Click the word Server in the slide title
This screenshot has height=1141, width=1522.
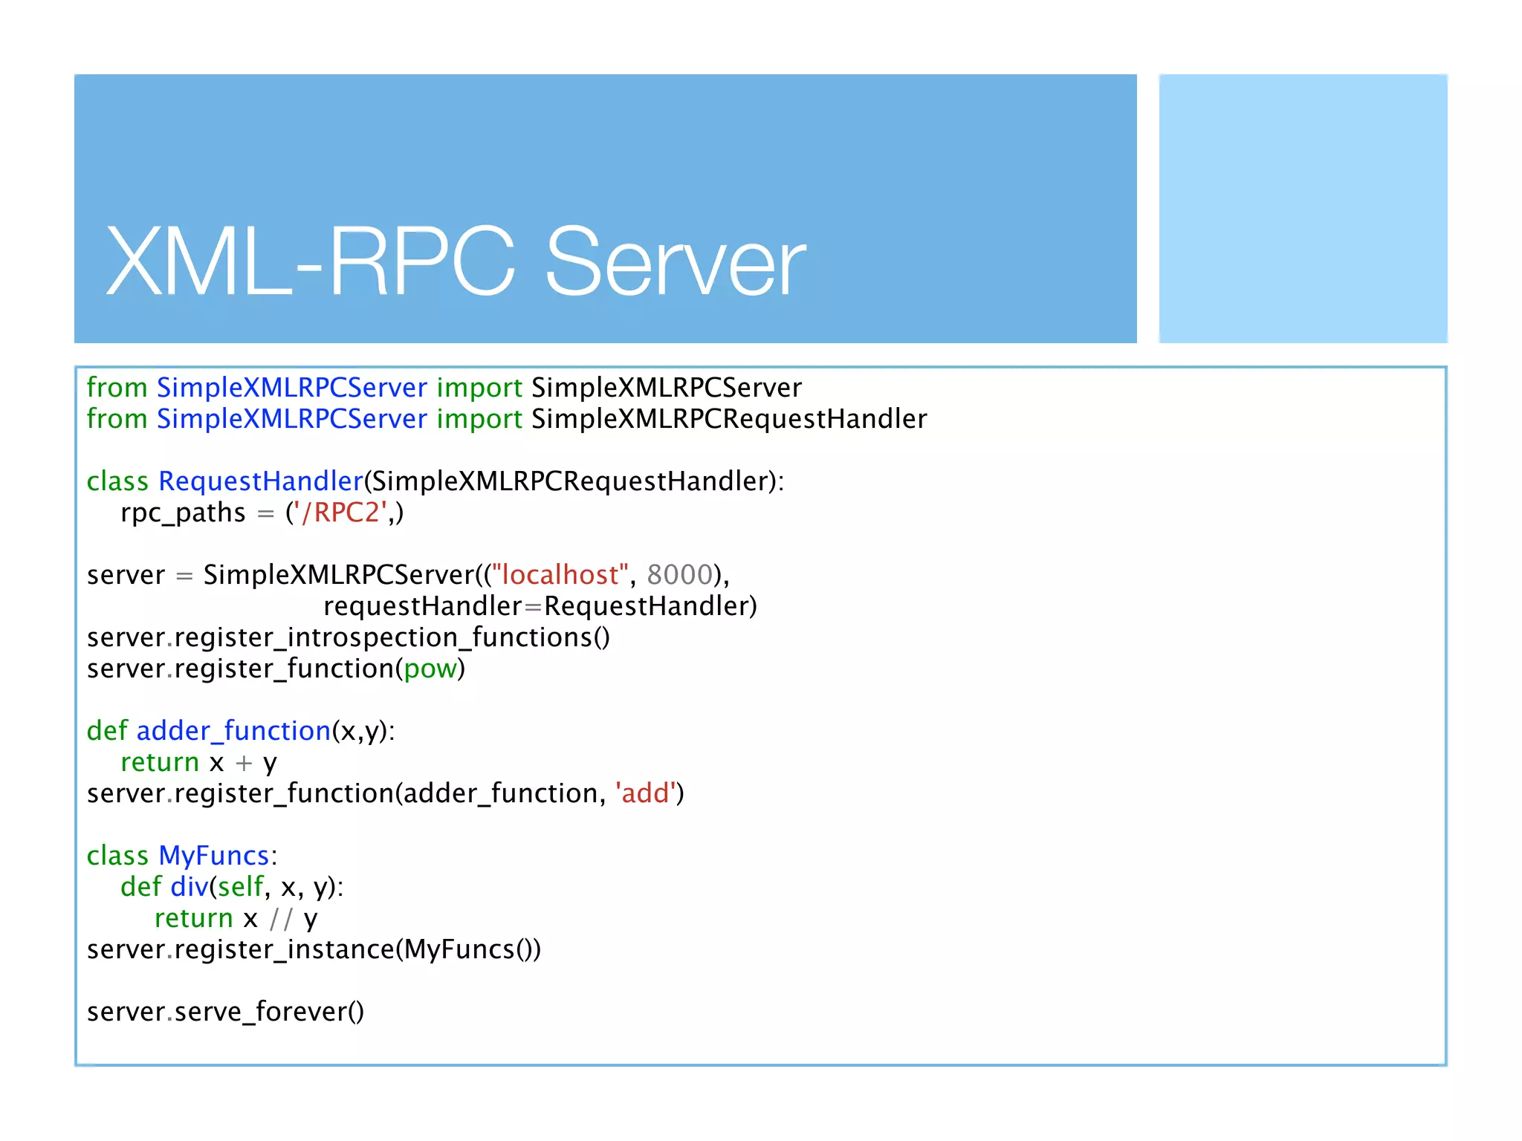pos(675,261)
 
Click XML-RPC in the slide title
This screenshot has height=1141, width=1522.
pos(311,261)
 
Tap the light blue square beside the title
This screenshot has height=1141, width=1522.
pos(1302,208)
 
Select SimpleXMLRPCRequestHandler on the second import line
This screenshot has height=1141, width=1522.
pos(729,419)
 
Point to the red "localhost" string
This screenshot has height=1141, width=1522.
pos(560,575)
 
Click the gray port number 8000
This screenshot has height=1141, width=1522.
pos(679,575)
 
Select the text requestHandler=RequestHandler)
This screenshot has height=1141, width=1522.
pos(540,606)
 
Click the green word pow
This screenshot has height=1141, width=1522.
pos(430,669)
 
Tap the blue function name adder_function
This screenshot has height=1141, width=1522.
pos(233,731)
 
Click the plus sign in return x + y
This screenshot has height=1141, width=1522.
pos(244,763)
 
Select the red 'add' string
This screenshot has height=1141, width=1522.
pos(645,793)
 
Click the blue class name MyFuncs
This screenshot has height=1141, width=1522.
pos(213,856)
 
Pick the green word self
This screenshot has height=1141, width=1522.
pos(240,887)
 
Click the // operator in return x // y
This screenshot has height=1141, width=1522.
pos(281,919)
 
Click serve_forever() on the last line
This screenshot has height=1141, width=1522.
pos(269,1012)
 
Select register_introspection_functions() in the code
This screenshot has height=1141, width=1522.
pos(392,637)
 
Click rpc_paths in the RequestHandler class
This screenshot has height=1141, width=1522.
pos(183,513)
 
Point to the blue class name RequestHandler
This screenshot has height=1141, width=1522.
pos(260,481)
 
